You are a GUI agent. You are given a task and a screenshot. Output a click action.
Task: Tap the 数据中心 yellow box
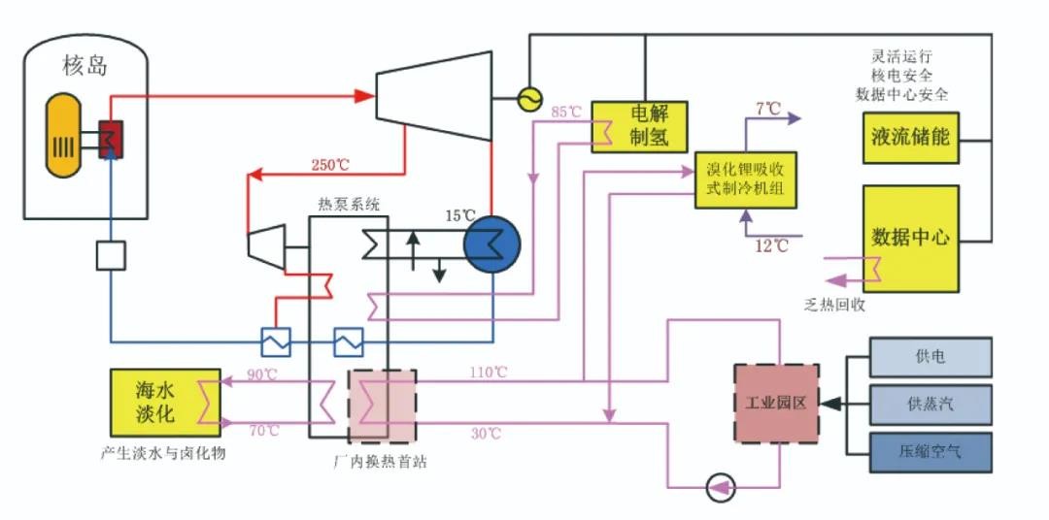pyautogui.click(x=910, y=238)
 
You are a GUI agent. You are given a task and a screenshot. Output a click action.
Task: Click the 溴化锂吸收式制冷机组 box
pyautogui.click(x=745, y=179)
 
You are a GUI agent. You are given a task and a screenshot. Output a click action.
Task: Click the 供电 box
pyautogui.click(x=931, y=357)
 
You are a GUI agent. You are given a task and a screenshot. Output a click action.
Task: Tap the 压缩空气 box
pyautogui.click(x=931, y=451)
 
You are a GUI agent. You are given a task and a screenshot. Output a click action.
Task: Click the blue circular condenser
pyautogui.click(x=491, y=244)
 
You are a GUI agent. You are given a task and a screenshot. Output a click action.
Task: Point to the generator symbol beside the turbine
pyautogui.click(x=530, y=97)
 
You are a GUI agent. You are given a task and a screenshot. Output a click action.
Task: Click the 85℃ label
pyautogui.click(x=565, y=113)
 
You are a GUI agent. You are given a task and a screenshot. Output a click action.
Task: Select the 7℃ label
pyautogui.click(x=768, y=108)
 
